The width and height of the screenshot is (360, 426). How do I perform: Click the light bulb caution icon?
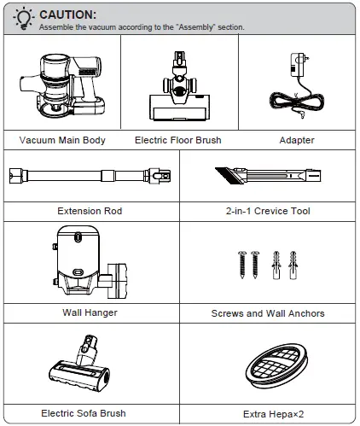coord(24,18)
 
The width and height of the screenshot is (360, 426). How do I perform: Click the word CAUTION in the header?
coord(68,15)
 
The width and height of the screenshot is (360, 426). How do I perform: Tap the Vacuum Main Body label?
coord(62,140)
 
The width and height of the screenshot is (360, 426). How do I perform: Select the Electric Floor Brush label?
coord(178,140)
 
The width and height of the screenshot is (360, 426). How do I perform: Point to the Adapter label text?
coord(297,140)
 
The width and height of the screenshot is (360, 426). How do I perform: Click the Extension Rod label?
coord(90,211)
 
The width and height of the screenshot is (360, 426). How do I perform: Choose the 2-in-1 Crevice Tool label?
coord(268,211)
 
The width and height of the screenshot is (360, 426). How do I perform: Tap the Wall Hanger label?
coord(90,312)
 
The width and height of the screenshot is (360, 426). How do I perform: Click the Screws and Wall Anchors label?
coord(268,313)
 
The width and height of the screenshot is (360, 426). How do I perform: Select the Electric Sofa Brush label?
coord(84,413)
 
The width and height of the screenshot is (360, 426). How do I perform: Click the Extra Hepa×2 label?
coord(274,414)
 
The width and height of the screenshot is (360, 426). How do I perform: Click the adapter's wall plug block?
coord(298,65)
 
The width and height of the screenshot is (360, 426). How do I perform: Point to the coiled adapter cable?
coord(297,101)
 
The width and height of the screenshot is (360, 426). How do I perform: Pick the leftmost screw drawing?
coord(242,265)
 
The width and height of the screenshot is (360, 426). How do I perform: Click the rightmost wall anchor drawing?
coord(293,266)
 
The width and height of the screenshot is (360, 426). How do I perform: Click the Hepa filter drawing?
coord(276,366)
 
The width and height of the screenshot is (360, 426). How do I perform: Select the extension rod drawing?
coord(90,176)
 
